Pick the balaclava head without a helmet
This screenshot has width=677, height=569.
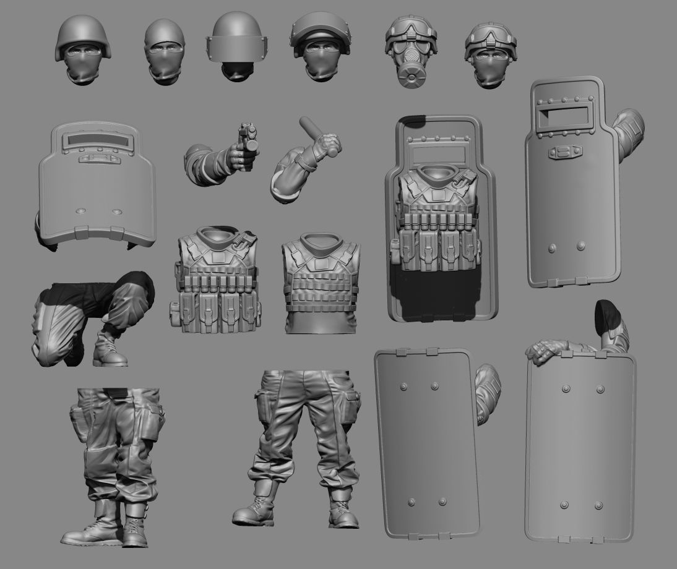coord(165,52)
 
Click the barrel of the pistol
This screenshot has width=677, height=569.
coord(250,133)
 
